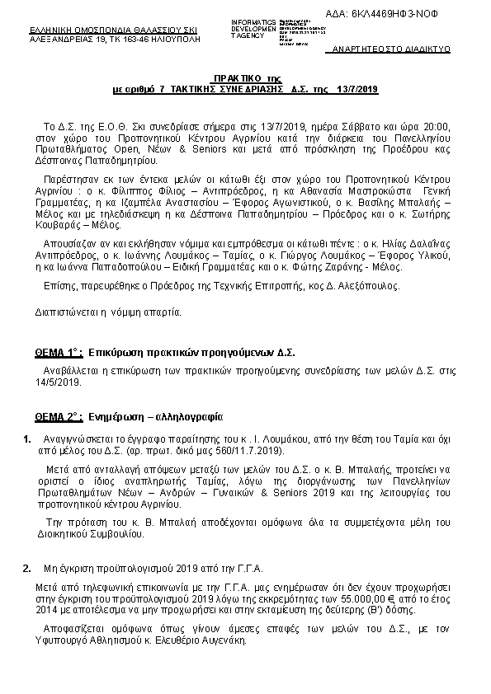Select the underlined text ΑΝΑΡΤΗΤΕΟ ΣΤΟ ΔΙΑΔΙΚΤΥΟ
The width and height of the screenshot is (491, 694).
pos(390,49)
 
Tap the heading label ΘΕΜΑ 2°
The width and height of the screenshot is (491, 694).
pos(57,417)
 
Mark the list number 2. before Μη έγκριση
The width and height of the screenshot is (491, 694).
pos(27,567)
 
